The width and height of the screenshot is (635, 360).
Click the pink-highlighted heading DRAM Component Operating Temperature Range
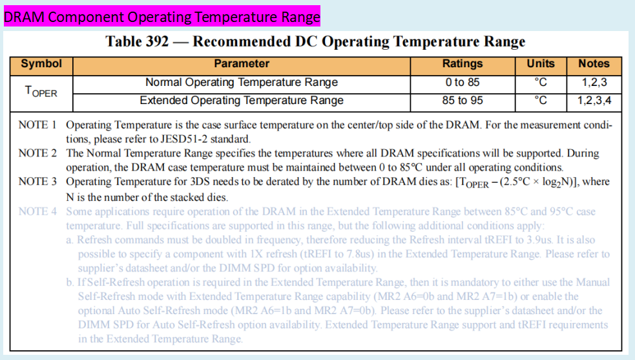161,16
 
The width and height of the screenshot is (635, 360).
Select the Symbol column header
41,64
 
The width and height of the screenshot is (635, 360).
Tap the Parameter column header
242,64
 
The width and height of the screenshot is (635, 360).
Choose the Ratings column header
463,64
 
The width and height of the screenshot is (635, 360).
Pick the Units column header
541,64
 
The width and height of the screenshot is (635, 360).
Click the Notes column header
594,64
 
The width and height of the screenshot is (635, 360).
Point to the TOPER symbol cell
41,92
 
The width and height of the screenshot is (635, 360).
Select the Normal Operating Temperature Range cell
242,83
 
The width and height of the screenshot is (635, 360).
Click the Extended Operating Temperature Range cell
242,101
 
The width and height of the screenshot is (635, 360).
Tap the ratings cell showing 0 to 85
463,83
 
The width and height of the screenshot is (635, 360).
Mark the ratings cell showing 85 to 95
463,101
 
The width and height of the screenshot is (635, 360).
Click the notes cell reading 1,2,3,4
594,101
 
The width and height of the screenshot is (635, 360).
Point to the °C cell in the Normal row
541,83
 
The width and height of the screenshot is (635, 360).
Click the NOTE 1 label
37,125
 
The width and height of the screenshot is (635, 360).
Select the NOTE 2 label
37,154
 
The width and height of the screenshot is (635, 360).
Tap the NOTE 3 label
37,182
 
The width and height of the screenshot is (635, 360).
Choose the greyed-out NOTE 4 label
37,211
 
